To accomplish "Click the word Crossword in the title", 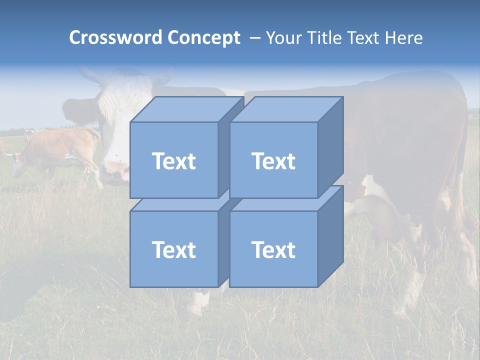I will pos(116,38).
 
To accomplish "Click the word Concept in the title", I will pos(203,38).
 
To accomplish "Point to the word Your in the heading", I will pos(283,38).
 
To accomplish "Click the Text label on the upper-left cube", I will pos(174,161).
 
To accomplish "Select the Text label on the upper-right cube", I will pos(273,161).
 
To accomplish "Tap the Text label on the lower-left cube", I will pos(174,249).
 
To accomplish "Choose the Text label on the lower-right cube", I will pos(273,249).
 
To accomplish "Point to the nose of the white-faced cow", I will pos(114,172).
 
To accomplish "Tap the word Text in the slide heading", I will pos(365,38).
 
